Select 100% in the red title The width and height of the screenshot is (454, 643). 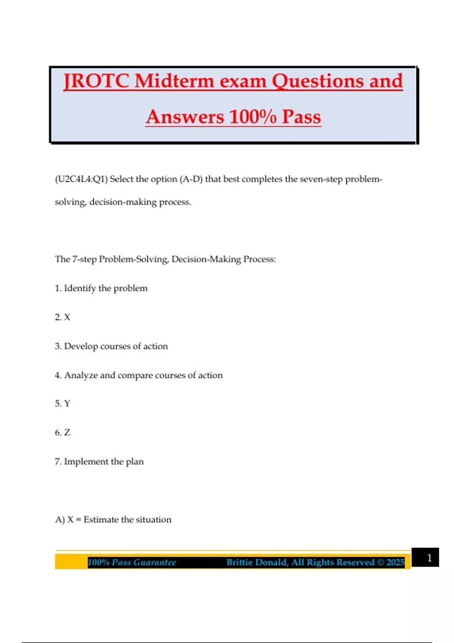tap(253, 116)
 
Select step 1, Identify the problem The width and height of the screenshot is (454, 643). tap(101, 288)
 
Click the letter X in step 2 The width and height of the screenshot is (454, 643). tap(67, 317)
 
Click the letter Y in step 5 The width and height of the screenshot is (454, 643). tap(67, 404)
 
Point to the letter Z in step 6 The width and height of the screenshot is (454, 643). tap(67, 433)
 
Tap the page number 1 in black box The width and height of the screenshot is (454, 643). tap(429, 558)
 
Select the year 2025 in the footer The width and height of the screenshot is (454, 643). tap(395, 562)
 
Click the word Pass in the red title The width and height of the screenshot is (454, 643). tap(301, 116)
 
